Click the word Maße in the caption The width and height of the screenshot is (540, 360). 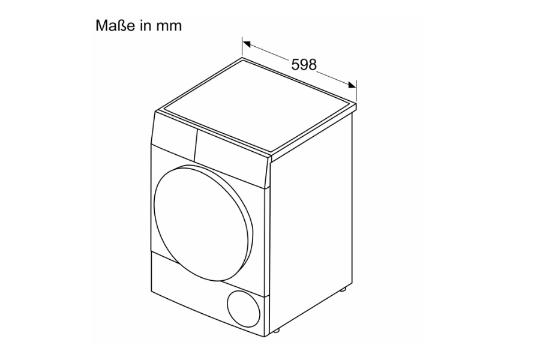tap(115, 26)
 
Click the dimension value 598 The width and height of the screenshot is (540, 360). tap(304, 64)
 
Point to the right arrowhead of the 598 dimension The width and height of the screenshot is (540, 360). tap(352, 85)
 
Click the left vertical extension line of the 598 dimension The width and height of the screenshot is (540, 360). tap(242, 47)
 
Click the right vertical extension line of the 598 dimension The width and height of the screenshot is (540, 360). tap(356, 91)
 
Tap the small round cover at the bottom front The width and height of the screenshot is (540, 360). tap(244, 309)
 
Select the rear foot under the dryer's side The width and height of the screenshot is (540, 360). tap(343, 289)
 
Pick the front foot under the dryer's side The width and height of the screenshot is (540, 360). tap(276, 330)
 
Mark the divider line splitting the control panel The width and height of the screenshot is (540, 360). tap(196, 145)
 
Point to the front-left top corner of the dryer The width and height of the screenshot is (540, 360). tap(155, 111)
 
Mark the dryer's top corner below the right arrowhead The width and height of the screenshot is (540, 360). tap(356, 103)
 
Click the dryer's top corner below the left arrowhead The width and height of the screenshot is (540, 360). tap(242, 58)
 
